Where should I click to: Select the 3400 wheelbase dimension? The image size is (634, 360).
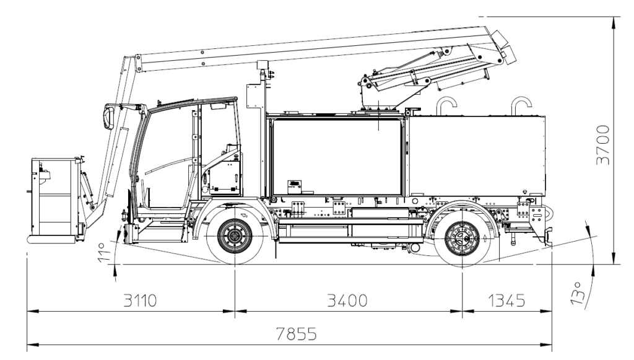(x=347, y=301)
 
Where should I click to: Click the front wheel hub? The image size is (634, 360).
(x=235, y=237)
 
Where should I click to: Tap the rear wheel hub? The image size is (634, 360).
(x=462, y=238)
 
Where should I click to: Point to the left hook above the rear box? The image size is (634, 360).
(x=446, y=104)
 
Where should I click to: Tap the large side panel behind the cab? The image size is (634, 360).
(x=337, y=157)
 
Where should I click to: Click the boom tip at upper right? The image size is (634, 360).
(x=509, y=53)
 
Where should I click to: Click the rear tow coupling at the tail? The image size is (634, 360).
(x=547, y=235)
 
